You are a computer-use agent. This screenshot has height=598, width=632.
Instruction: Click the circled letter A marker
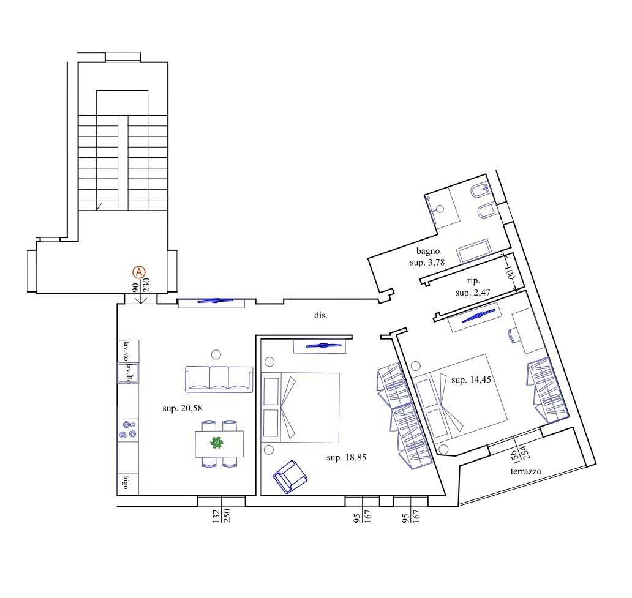tap(139, 272)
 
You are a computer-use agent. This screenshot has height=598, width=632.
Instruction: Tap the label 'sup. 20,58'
tap(182, 408)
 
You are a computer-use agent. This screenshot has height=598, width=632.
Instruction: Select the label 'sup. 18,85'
tap(346, 457)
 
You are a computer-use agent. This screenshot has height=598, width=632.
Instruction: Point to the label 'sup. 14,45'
tap(471, 379)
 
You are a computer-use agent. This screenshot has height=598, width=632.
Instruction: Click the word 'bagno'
tap(427, 251)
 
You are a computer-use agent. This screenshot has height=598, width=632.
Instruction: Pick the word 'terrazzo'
tap(525, 471)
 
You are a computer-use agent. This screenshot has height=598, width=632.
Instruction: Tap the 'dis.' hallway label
tap(321, 315)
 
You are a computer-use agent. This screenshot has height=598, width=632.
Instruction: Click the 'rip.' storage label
tap(473, 280)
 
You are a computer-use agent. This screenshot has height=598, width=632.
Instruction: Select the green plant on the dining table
tap(217, 443)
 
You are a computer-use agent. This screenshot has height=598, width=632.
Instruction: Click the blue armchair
tap(290, 477)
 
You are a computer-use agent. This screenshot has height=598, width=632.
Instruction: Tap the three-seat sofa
tap(219, 379)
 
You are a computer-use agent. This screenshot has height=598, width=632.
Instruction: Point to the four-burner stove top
tap(128, 430)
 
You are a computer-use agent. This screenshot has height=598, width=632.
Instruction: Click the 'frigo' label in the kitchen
tap(126, 482)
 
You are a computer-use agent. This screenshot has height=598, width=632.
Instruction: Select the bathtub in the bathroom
tap(473, 250)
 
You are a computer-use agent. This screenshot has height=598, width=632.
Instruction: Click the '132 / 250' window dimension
tap(221, 516)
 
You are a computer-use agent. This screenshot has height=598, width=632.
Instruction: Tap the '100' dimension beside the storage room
tap(511, 272)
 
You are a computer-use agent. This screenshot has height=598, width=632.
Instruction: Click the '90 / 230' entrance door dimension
tap(141, 285)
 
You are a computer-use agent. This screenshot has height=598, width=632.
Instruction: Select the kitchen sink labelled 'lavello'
tap(128, 373)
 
